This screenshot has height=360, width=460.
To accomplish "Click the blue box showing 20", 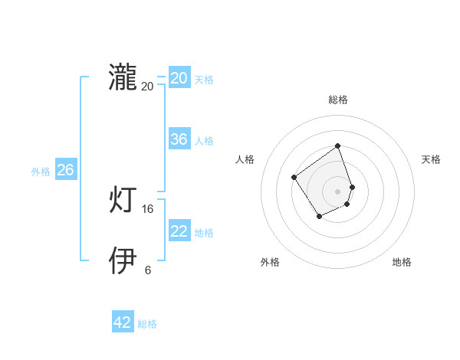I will (179, 78).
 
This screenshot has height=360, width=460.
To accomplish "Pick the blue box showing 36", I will (179, 139).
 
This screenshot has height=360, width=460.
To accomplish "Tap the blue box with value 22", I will (179, 231).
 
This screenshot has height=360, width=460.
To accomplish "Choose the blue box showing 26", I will (65, 170).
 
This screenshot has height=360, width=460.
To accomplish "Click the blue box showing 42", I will (123, 322).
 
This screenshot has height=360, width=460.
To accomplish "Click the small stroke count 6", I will (148, 270).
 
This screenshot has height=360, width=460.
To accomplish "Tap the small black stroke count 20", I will (148, 87).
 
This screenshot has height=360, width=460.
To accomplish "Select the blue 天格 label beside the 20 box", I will (204, 80).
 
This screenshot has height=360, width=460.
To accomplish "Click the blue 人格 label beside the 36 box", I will (204, 141).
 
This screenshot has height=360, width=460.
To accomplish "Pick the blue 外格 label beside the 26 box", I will (41, 172).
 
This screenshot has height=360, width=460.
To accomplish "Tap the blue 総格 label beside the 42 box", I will (147, 324).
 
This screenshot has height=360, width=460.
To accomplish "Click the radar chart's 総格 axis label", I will (337, 100).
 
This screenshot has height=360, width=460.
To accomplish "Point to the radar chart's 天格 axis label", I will (431, 159).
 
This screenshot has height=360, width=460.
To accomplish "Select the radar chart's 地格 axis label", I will (402, 262).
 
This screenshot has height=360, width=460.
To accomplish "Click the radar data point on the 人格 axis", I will (294, 178).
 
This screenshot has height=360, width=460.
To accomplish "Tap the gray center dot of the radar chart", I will (337, 191).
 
